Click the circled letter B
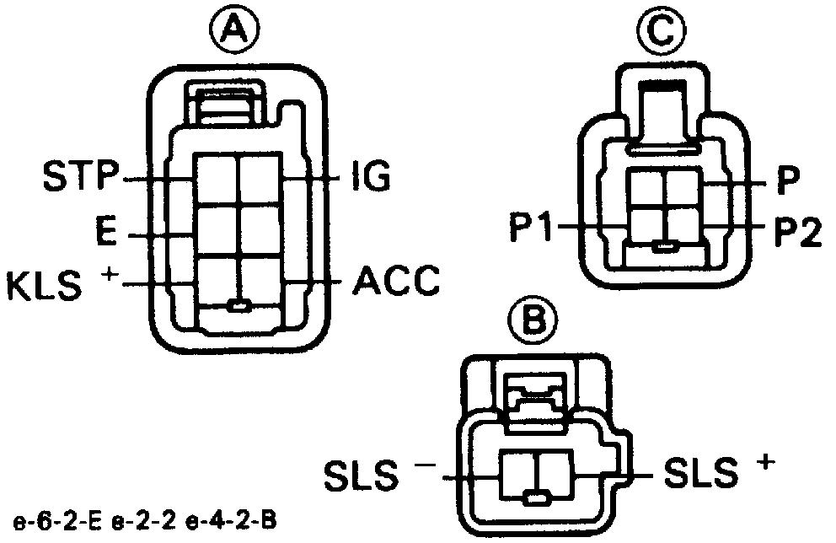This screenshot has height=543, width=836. tap(534, 320)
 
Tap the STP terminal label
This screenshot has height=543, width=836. tap(80, 179)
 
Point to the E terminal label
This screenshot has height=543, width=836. tap(105, 234)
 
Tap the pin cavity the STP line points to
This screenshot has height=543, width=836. tap(216, 179)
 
